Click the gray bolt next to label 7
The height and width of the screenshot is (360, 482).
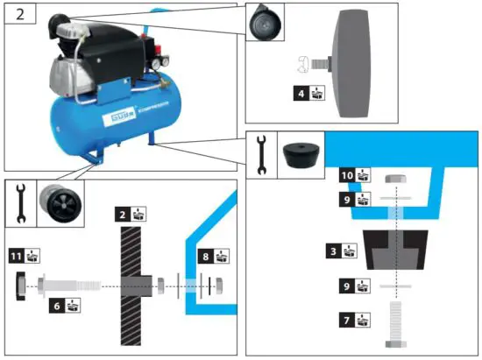click(x=393, y=327)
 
